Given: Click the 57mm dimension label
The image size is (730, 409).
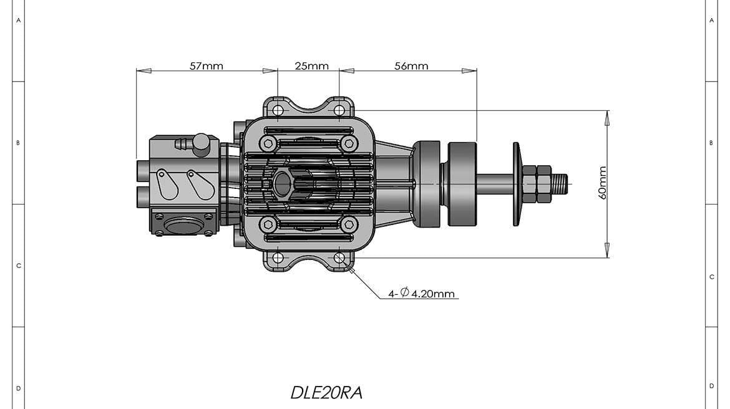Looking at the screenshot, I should click(207, 65).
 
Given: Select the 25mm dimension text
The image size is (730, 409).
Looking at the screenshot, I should click(311, 65).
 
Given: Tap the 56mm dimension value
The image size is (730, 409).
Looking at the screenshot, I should click(411, 65).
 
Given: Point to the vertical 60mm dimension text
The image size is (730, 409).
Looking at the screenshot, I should click(603, 183).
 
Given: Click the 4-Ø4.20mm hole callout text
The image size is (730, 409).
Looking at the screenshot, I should click(422, 293).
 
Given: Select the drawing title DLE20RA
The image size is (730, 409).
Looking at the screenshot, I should click(326, 392).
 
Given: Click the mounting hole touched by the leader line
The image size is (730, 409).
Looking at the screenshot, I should click(339, 257).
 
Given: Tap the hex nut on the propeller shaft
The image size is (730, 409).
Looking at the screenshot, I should click(536, 184).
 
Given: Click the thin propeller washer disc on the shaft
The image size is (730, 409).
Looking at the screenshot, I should click(517, 184).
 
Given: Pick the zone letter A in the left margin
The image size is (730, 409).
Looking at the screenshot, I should click(19, 21).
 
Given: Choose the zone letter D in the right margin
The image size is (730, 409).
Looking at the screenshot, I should click(711, 386).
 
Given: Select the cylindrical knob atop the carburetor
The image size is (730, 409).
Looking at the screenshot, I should click(201, 144).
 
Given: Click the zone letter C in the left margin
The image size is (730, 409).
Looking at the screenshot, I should click(19, 266).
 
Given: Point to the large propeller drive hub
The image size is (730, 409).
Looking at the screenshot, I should click(462, 184).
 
